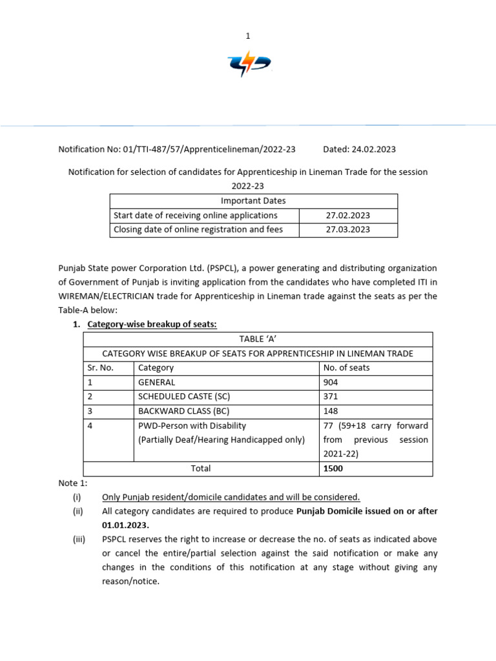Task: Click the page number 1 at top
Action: pyautogui.click(x=247, y=37)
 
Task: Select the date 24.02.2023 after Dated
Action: pyautogui.click(x=375, y=149)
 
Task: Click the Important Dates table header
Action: pyautogui.click(x=253, y=201)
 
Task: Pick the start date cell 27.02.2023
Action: pyautogui.click(x=348, y=215)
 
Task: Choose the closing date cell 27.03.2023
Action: pyautogui.click(x=348, y=229)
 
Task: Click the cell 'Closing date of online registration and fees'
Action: pyautogui.click(x=198, y=229)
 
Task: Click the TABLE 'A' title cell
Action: pyautogui.click(x=258, y=339)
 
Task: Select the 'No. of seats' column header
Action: pyautogui.click(x=346, y=367)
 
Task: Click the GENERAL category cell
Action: pyautogui.click(x=157, y=382)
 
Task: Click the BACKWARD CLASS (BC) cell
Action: pyautogui.click(x=184, y=411)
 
